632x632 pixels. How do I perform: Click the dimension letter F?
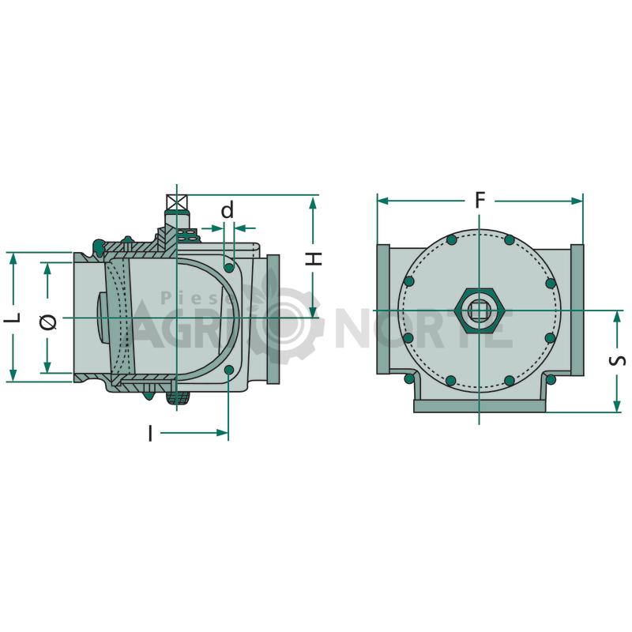tap(480, 200)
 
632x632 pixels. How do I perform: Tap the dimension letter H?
tap(314, 258)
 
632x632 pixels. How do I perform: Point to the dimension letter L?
tap(13, 318)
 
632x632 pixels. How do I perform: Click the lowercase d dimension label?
tap(228, 210)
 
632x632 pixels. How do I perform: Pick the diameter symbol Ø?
tap(49, 322)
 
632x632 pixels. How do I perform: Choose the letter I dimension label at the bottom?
tap(150, 433)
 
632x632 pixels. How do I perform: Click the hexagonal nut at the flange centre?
tap(480, 310)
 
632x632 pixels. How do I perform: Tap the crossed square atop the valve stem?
tap(177, 202)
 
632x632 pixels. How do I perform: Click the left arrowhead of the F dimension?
tap(383, 201)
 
